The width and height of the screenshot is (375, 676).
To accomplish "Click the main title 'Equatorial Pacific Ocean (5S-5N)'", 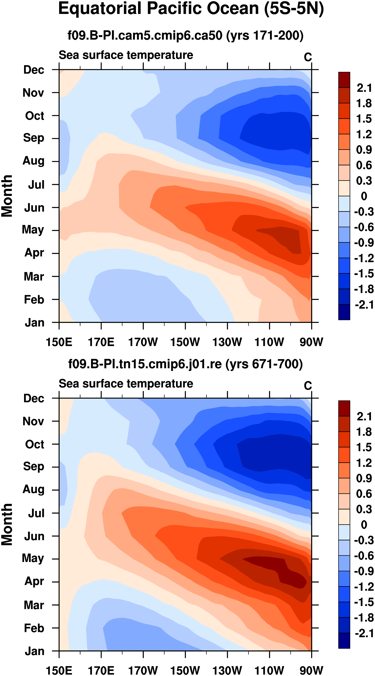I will (191, 9).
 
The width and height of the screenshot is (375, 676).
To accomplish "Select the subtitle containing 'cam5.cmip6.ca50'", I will (185, 35).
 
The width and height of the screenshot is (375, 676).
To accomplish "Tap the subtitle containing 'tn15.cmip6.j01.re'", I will (185, 364).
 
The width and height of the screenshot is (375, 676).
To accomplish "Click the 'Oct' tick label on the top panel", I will (34, 116).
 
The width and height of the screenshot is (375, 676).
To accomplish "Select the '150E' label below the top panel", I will (59, 342).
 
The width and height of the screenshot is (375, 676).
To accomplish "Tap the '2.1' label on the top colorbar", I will (364, 88).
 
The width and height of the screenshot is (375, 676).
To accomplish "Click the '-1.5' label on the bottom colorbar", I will (364, 603).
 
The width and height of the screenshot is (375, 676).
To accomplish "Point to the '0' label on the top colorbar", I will (364, 196).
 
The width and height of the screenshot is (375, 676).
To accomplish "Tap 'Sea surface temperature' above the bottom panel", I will (126, 384).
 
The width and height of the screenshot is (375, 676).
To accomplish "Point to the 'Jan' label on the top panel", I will (34, 322).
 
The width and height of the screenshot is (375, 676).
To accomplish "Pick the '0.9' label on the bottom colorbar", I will (364, 478).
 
